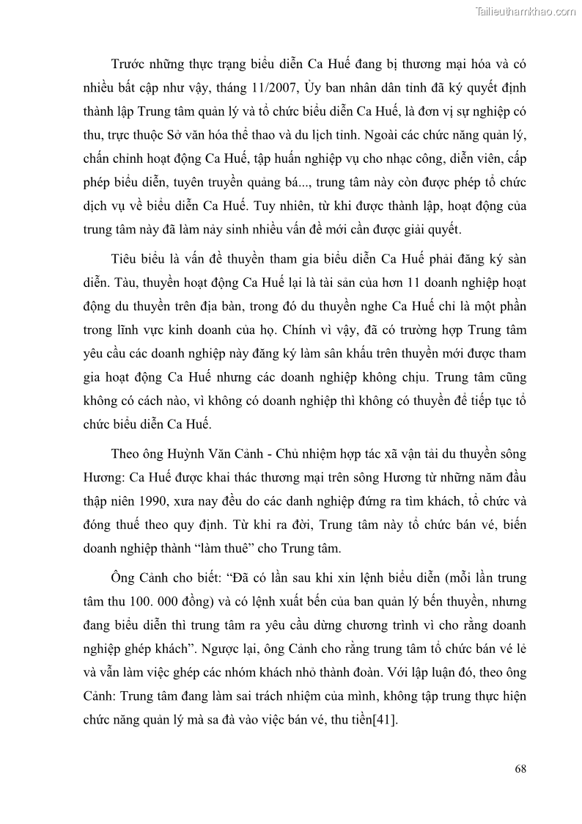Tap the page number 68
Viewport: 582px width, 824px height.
[x=520, y=768]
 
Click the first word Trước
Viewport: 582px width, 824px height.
[x=125, y=65]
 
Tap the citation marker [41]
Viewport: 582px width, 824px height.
[x=385, y=720]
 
